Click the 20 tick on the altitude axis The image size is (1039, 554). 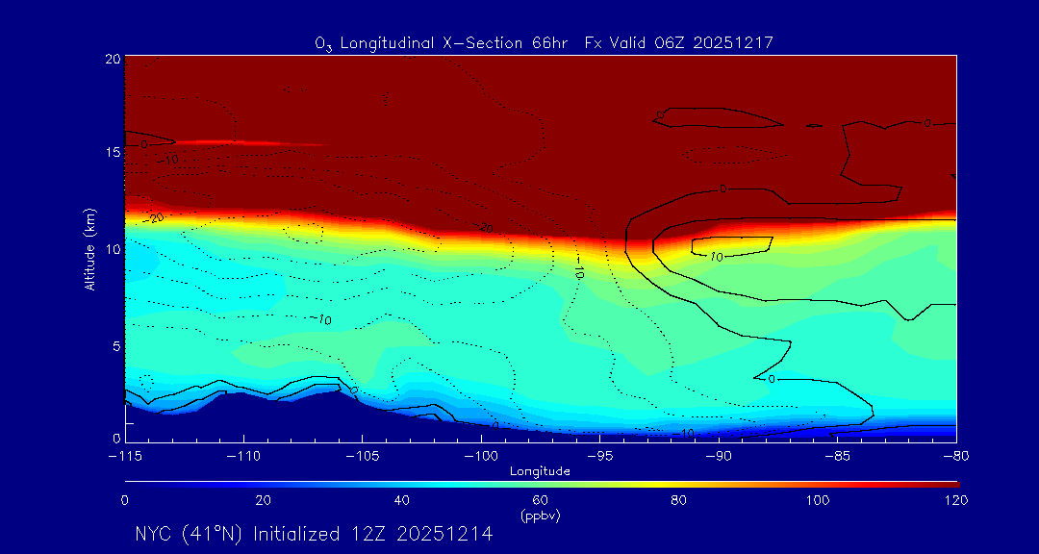pyautogui.click(x=113, y=59)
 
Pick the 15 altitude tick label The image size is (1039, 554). pyautogui.click(x=113, y=153)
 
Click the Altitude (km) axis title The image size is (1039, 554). pyautogui.click(x=89, y=249)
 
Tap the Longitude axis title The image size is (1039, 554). pyautogui.click(x=541, y=471)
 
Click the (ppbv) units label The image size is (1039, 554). pyautogui.click(x=541, y=516)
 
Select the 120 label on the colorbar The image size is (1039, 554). pyautogui.click(x=955, y=500)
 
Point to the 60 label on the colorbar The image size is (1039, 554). pyautogui.click(x=541, y=500)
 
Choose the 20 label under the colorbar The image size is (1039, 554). pyautogui.click(x=263, y=500)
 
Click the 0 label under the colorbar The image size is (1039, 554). pyautogui.click(x=125, y=500)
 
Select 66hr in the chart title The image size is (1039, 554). pyautogui.click(x=548, y=43)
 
